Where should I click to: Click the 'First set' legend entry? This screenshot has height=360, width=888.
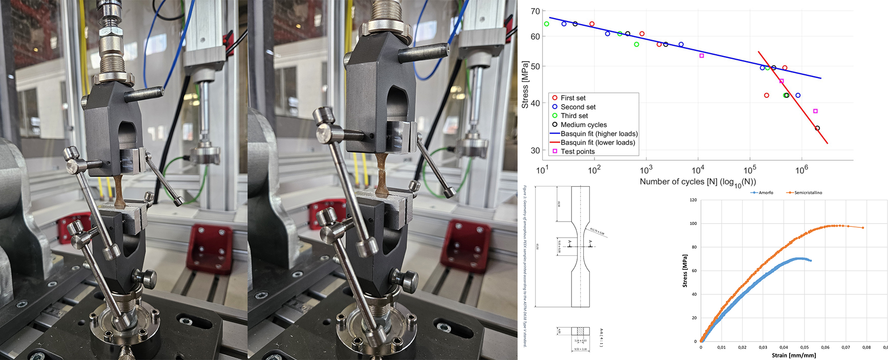coord(573,98)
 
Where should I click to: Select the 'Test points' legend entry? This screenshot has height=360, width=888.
coord(577,151)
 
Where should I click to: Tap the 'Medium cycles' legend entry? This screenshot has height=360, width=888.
coord(583,125)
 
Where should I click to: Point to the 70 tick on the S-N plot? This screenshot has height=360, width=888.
coord(535,11)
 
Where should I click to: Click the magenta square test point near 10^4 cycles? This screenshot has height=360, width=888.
coord(702,56)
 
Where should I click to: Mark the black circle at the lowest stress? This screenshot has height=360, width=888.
coord(817,128)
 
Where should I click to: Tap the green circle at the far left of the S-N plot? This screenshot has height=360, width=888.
coord(547,24)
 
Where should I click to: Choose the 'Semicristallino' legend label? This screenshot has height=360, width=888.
coord(808,193)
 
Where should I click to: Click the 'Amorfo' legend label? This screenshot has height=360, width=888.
coord(766,193)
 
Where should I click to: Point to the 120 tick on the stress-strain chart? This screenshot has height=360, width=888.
coord(693,200)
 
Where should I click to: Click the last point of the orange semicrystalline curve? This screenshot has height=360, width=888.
coord(863,228)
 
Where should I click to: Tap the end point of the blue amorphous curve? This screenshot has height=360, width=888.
coord(811,261)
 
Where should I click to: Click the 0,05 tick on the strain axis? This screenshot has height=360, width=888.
coord(805,347)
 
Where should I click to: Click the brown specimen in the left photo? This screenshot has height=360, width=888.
coord(119,192)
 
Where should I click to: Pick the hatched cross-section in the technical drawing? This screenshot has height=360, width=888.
coord(580,331)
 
